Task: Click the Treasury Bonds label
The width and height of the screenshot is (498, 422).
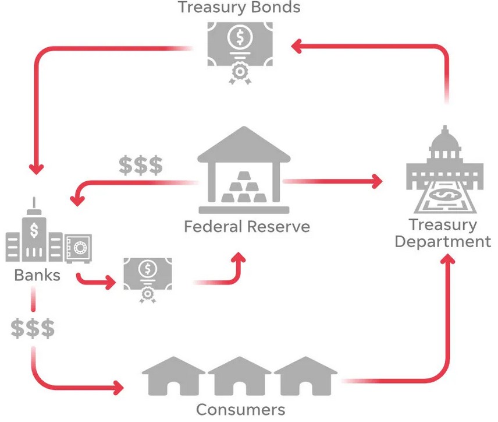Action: [239, 8]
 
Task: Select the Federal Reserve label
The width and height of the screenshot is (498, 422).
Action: [247, 226]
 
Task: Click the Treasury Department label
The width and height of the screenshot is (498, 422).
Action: [443, 233]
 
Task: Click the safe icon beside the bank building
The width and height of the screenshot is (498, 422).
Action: [78, 249]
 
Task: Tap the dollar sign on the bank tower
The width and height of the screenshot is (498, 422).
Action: [34, 229]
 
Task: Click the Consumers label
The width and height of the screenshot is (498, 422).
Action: [240, 409]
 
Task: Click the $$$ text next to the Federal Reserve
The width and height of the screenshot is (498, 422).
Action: [140, 166]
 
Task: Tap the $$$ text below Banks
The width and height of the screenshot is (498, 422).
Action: [33, 328]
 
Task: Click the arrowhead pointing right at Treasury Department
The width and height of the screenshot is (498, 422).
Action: [377, 181]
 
